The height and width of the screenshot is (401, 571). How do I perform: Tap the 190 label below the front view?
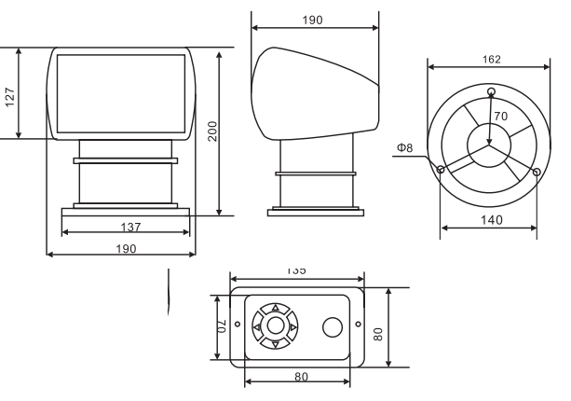(x=126, y=248)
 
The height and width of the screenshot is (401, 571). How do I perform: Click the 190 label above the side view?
(x=313, y=19)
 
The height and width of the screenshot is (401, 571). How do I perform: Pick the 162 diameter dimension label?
(x=492, y=60)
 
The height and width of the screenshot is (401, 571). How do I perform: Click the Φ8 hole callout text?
(x=404, y=146)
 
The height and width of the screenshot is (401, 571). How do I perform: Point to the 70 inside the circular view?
(x=500, y=117)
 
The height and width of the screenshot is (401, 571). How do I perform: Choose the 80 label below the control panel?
(x=302, y=377)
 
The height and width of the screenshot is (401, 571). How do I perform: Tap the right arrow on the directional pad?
(x=292, y=326)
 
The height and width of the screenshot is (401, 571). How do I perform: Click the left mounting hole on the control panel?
(x=237, y=325)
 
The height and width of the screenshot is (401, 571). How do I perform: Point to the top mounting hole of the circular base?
(x=491, y=90)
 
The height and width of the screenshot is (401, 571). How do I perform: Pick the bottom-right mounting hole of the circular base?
(x=536, y=171)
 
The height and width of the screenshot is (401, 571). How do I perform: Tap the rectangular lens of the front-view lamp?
(x=121, y=90)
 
